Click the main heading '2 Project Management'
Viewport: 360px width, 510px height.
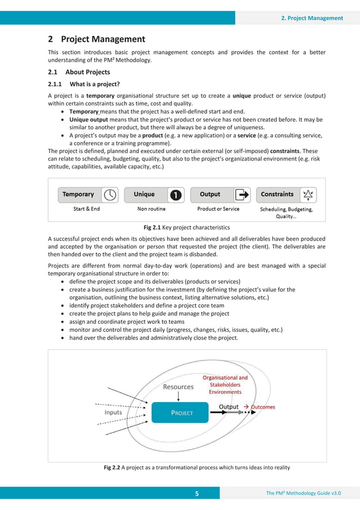click(96, 39)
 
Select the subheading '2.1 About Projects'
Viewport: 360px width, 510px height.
click(79, 72)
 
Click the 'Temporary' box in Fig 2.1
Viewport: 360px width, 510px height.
click(78, 194)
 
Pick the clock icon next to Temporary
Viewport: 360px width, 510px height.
click(112, 194)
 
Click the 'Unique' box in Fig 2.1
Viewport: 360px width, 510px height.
click(144, 194)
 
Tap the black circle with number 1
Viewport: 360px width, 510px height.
click(175, 195)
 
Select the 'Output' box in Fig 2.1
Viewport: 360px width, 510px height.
click(210, 194)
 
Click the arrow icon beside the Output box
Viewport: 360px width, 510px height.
click(242, 194)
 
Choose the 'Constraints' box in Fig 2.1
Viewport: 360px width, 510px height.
click(277, 194)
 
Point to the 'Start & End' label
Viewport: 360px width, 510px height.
click(86, 209)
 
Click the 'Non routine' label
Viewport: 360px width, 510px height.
click(151, 209)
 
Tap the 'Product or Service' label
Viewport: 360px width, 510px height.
click(218, 209)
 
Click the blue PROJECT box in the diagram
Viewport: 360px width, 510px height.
click(182, 412)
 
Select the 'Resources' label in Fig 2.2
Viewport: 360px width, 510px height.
click(178, 387)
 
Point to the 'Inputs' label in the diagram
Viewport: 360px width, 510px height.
click(113, 412)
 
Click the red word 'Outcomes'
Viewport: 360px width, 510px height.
click(263, 407)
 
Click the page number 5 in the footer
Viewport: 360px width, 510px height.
click(197, 494)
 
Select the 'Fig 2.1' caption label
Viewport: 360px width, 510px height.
click(152, 228)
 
